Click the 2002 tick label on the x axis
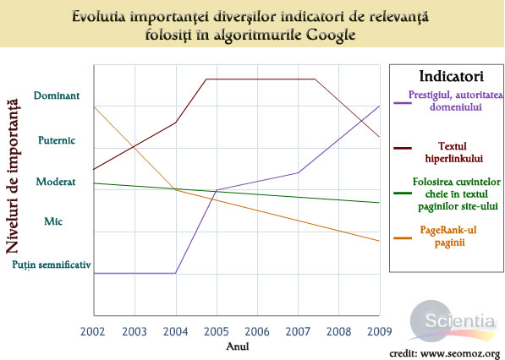click(93, 332)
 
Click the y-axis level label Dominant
click(57, 95)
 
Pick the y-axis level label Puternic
click(58, 139)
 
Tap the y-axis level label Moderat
click(56, 181)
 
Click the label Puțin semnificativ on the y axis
click(51, 265)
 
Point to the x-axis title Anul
click(238, 346)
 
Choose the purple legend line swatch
click(403, 103)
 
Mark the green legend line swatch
click(403, 194)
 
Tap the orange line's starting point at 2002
click(93, 106)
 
